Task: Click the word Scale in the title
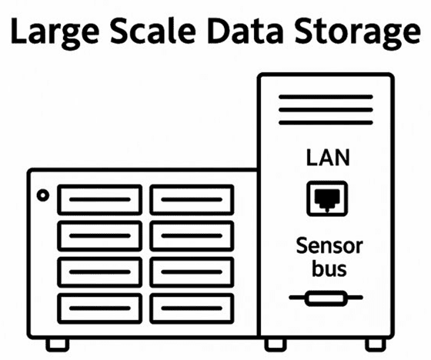[x=153, y=30]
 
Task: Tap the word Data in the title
[x=246, y=30]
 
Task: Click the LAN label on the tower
[x=328, y=158]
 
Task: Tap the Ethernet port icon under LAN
[x=327, y=198]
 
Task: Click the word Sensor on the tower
[x=329, y=245]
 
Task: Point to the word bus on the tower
[x=329, y=268]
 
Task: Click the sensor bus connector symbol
[x=326, y=298]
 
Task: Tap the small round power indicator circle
[x=43, y=195]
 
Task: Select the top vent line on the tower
[x=326, y=97]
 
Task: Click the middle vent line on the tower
[x=326, y=110]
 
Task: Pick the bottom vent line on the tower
[x=326, y=122]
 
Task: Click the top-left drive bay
[x=100, y=200]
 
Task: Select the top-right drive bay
[x=192, y=200]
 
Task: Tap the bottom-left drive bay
[x=100, y=308]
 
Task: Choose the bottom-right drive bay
[x=192, y=308]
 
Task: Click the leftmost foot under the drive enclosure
[x=58, y=345]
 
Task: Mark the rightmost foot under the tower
[x=376, y=345]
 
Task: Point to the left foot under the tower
[x=276, y=345]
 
